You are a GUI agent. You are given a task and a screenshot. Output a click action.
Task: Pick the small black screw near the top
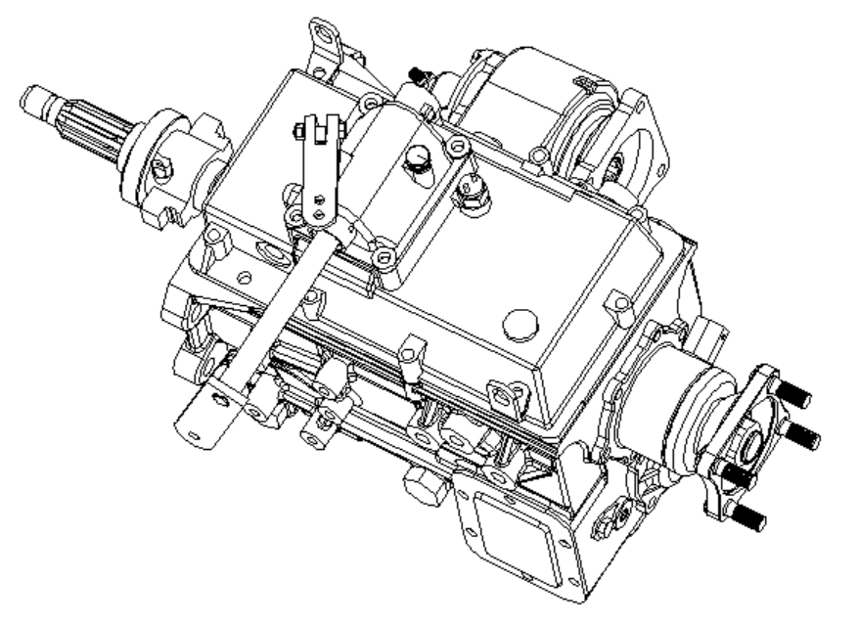click(420, 74)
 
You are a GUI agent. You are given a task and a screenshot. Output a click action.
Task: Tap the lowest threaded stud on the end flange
click(750, 517)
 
